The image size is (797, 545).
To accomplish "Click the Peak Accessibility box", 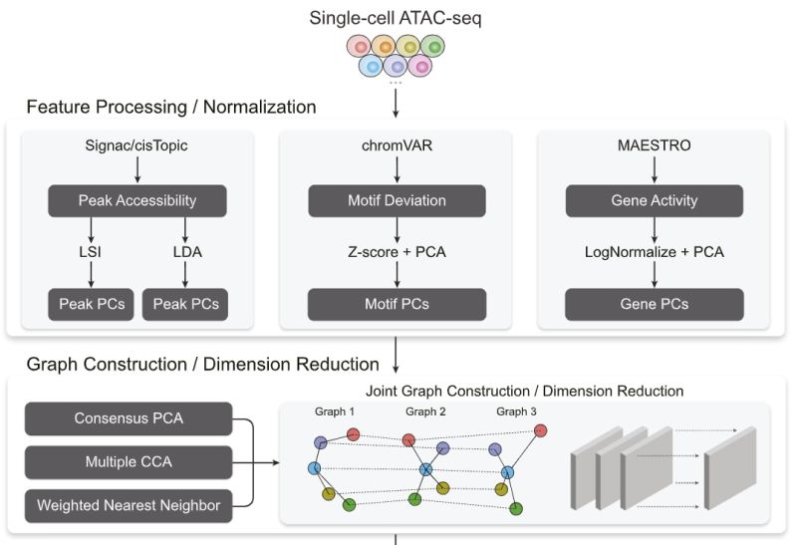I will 137,200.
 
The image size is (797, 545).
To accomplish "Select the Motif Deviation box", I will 397,200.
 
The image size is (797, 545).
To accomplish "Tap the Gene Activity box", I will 655,200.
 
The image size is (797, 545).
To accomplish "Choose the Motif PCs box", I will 397,304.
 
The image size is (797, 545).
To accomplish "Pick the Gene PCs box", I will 655,304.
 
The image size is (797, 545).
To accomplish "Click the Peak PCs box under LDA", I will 186,304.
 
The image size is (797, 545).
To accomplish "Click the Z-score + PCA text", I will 397,252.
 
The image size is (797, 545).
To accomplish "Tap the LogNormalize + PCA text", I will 655,252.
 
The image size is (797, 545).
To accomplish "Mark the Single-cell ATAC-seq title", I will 397,17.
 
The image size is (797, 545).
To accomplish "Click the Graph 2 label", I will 426,410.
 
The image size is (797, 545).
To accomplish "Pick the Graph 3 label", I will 516,410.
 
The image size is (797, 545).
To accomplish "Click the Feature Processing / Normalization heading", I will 171,107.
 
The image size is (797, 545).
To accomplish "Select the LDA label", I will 186,252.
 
